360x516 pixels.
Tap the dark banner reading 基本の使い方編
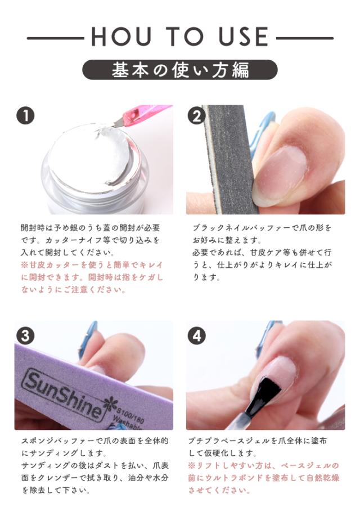[x=179, y=70]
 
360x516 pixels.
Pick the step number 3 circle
[x=26, y=336]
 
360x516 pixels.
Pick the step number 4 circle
[x=197, y=336]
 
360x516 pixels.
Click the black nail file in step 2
[x=227, y=158]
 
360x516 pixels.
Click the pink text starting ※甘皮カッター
[x=92, y=277]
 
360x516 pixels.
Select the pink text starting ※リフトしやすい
[x=263, y=478]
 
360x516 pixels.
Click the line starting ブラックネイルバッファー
[x=262, y=228]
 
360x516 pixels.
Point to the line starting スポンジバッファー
[x=94, y=441]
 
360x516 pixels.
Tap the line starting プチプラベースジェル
[x=257, y=441]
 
